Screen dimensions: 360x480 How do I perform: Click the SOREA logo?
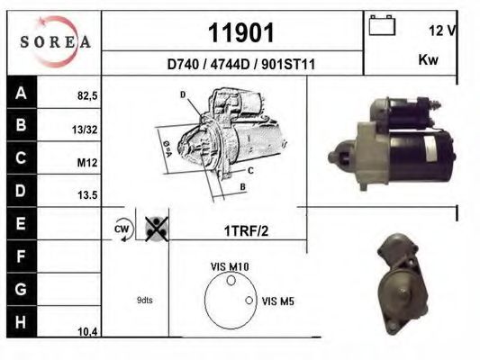54,41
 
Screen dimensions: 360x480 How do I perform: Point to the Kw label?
429,61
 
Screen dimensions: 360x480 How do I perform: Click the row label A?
21,92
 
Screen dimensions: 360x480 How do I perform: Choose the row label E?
21,221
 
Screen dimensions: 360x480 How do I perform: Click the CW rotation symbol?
122,229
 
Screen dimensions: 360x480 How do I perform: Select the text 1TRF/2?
246,230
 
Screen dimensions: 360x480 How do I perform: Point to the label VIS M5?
277,301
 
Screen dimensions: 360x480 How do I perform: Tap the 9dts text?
144,301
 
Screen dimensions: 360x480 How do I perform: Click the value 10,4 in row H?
87,332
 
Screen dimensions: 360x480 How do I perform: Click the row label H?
21,321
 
